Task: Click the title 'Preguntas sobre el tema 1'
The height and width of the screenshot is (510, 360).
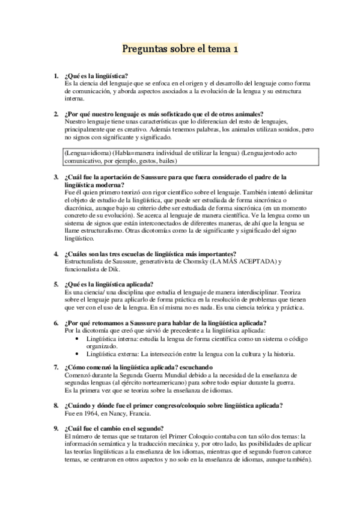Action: pyautogui.click(x=180, y=49)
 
